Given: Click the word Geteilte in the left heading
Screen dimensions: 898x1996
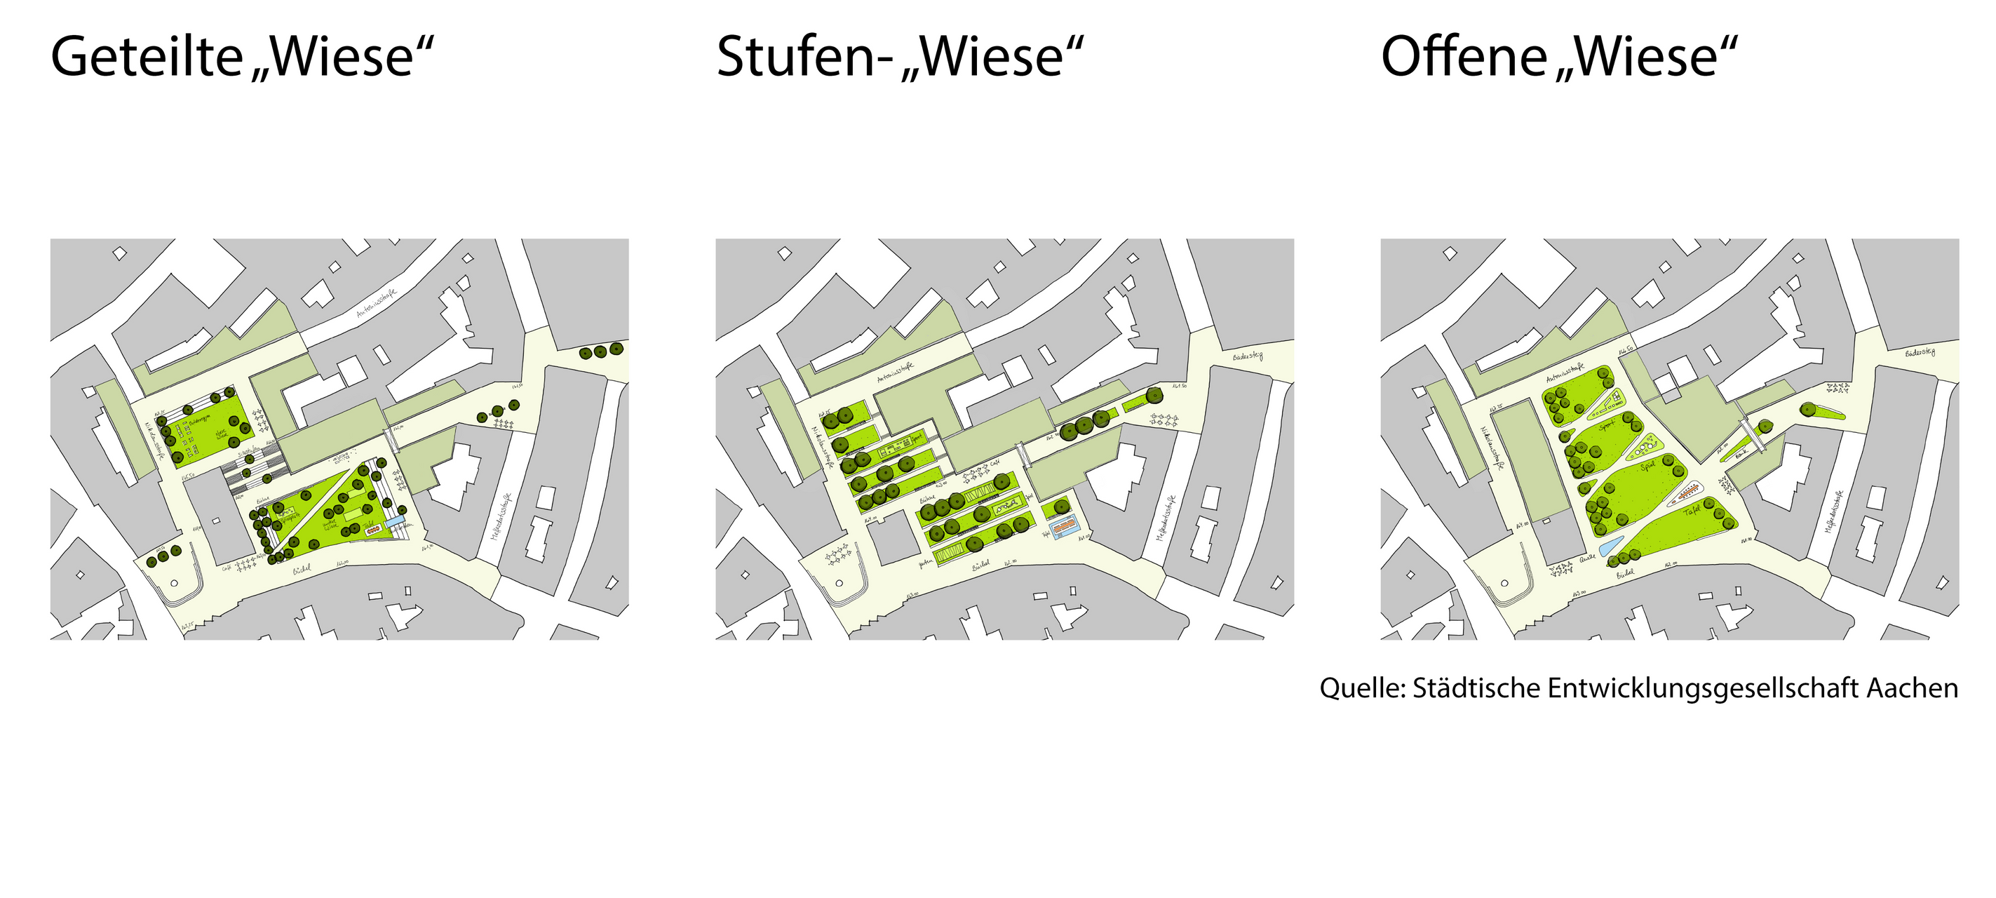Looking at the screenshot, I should pos(147,58).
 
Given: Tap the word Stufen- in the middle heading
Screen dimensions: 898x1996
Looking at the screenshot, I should pos(805,58).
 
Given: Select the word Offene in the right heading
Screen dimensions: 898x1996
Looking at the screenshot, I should pos(1464,58).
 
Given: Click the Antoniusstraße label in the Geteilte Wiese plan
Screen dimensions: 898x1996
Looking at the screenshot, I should pos(377,303).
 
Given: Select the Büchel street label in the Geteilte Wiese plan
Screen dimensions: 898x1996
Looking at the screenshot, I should pos(302,570).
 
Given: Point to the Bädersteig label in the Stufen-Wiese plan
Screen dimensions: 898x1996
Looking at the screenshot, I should pos(1248,356).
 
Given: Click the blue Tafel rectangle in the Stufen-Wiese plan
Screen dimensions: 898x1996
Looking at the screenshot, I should pos(1065,529).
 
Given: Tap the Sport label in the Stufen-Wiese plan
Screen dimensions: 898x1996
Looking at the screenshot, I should pos(917,438).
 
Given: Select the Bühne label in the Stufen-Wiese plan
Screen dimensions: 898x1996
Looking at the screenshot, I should pos(927,498).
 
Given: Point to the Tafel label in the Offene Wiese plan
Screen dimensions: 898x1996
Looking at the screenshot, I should pos(1692,511).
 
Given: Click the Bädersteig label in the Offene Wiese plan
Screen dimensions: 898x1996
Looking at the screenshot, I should pos(1920,354).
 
